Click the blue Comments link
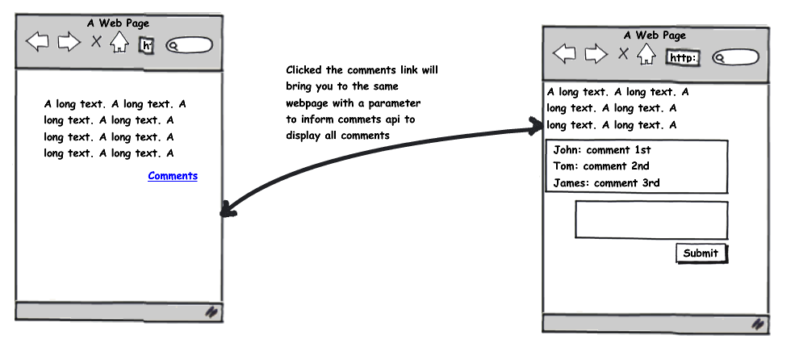173,176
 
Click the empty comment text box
651,220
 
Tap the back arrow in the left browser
37,41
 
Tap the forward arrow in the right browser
596,54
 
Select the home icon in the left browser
119,42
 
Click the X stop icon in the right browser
623,53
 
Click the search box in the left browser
189,45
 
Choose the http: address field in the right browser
683,58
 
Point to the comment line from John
602,150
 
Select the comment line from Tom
600,166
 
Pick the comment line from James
606,183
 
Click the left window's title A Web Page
118,23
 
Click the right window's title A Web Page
655,35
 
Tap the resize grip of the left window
211,312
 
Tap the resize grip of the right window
758,324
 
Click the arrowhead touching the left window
228,209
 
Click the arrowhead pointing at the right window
535,126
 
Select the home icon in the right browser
646,54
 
